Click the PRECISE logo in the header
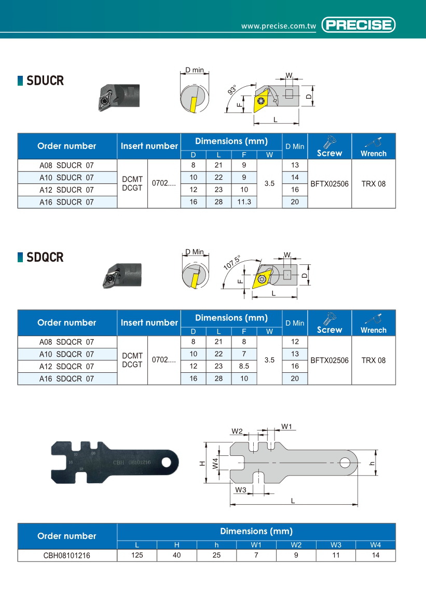click(359, 25)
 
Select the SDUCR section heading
click(45, 81)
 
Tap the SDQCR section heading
click(45, 257)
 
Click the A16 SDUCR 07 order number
click(67, 202)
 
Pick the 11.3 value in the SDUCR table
click(244, 202)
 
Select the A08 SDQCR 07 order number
click(67, 342)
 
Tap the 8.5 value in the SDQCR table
click(244, 367)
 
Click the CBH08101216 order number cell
click(67, 555)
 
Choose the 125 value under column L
click(137, 555)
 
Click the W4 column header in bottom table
click(376, 545)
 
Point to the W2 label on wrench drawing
click(237, 431)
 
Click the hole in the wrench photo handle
click(167, 462)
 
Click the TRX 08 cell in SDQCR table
click(374, 360)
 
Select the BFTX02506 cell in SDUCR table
click(329, 184)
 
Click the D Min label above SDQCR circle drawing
click(195, 252)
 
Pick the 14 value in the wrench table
click(376, 555)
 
